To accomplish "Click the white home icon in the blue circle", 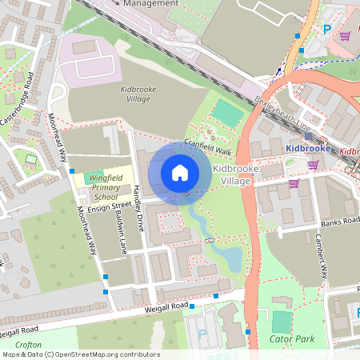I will click(180, 172).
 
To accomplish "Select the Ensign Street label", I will click(110, 206).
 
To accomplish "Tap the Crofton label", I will click(27, 345).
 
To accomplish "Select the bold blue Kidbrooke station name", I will click(308, 149).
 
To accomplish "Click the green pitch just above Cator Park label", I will click(282, 322).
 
